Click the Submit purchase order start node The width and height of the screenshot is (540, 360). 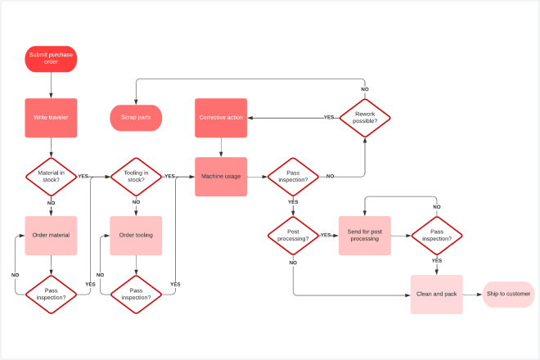click(x=51, y=59)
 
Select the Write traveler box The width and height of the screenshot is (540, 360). click(x=51, y=118)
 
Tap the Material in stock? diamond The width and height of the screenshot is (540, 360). click(x=51, y=177)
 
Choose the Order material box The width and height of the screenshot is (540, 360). click(x=51, y=236)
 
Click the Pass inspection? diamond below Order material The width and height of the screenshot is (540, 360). click(x=51, y=294)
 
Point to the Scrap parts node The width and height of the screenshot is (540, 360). click(x=136, y=118)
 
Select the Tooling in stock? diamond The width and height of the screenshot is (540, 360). click(x=136, y=177)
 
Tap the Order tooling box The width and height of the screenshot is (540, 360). click(x=136, y=236)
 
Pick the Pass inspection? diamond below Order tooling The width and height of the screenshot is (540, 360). click(x=136, y=294)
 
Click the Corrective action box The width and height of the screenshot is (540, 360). click(x=221, y=118)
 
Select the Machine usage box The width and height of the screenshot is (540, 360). click(x=221, y=177)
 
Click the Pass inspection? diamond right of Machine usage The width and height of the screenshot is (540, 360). click(x=293, y=177)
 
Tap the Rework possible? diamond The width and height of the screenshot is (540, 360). click(x=365, y=118)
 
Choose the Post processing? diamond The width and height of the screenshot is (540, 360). click(x=293, y=236)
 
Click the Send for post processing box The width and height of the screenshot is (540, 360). click(x=365, y=236)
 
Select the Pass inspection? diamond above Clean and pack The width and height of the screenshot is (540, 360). click(x=437, y=236)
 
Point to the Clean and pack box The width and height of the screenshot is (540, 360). click(x=437, y=294)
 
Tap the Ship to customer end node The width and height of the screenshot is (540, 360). click(x=509, y=294)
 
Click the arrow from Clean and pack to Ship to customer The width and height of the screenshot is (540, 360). click(x=473, y=294)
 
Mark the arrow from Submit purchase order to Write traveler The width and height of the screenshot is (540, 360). click(x=51, y=86)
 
